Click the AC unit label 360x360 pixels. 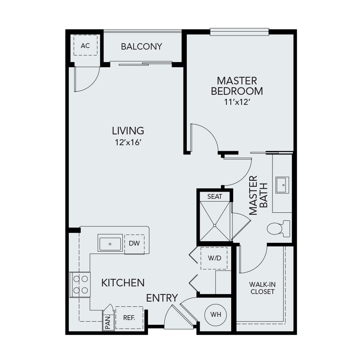click(x=85, y=46)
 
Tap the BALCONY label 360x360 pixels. click(x=142, y=47)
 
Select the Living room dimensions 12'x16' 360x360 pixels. click(x=128, y=142)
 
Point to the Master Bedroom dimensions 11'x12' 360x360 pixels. click(x=237, y=102)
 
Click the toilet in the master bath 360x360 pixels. click(x=278, y=229)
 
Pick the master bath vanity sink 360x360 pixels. click(x=282, y=185)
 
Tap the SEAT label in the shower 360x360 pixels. click(x=215, y=196)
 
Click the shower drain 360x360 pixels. click(x=215, y=226)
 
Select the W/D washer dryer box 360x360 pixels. click(x=214, y=258)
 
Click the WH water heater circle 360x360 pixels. click(x=216, y=314)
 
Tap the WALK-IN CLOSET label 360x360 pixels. click(x=262, y=288)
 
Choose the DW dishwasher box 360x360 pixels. click(x=134, y=244)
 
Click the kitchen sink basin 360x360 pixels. click(x=110, y=244)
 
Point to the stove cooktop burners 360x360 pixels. click(x=80, y=285)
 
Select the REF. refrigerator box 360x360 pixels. click(x=129, y=318)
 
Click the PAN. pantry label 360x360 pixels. click(x=108, y=322)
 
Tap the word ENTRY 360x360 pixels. click(x=162, y=298)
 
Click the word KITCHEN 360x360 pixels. click(x=123, y=283)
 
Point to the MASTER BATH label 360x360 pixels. click(x=258, y=196)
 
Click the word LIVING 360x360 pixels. click(x=128, y=131)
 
